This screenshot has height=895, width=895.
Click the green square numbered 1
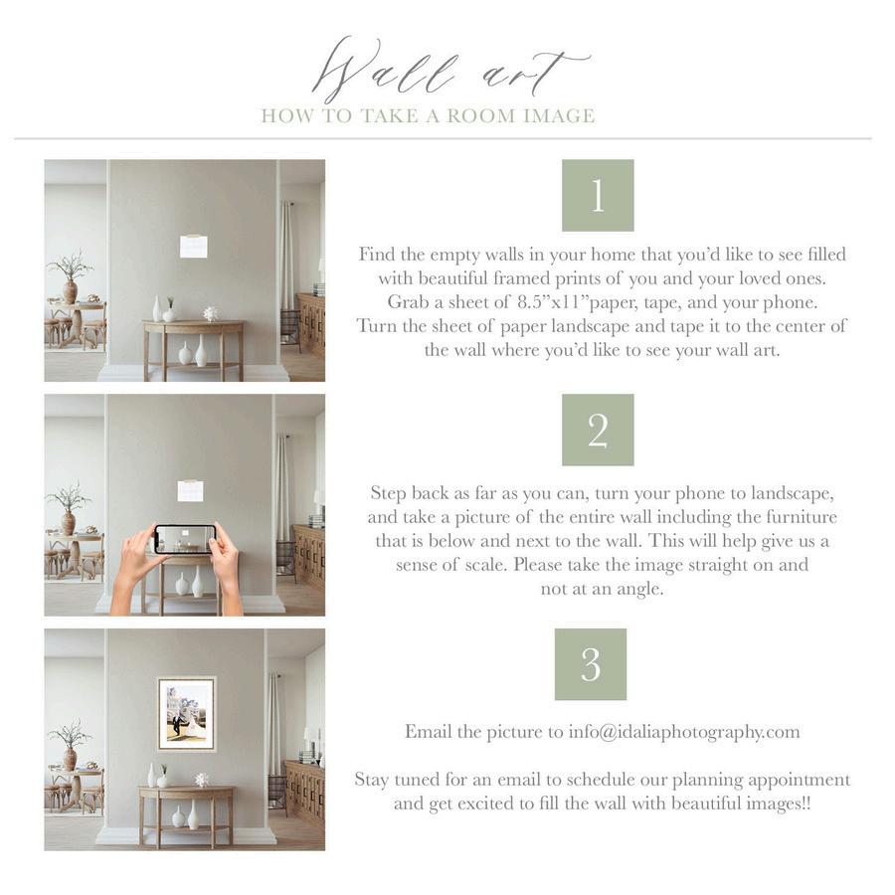(598, 195)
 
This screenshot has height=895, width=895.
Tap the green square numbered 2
(598, 430)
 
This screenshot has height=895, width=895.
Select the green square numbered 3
(590, 664)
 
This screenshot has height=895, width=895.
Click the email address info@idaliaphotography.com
(684, 732)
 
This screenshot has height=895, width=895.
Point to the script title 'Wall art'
(450, 72)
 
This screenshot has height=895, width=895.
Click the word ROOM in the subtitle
(481, 116)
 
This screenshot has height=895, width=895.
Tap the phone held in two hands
(185, 539)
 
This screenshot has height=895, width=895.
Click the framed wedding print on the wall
(186, 714)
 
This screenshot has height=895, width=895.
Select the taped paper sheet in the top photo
(194, 246)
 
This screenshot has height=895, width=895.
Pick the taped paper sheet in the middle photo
(190, 489)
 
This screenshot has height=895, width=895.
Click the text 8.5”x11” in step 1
(551, 302)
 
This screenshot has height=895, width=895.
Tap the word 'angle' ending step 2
(638, 589)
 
